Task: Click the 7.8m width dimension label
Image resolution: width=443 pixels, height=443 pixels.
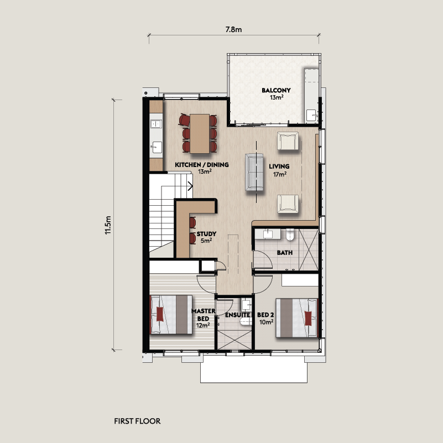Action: pyautogui.click(x=233, y=29)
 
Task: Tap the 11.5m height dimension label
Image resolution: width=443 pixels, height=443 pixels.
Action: pyautogui.click(x=108, y=225)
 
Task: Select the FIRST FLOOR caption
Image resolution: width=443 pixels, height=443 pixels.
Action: pyautogui.click(x=137, y=421)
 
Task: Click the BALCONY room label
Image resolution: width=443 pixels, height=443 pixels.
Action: pyautogui.click(x=276, y=90)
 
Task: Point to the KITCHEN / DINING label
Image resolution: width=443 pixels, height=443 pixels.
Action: pyautogui.click(x=202, y=164)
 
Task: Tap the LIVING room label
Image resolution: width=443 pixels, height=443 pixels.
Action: pyautogui.click(x=279, y=166)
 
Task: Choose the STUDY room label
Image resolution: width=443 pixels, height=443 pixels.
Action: pyautogui.click(x=206, y=233)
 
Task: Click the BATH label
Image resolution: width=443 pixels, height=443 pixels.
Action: pyautogui.click(x=285, y=253)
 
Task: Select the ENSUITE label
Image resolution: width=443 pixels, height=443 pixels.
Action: pyautogui.click(x=238, y=315)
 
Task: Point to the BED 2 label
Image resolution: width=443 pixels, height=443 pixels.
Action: pyautogui.click(x=265, y=315)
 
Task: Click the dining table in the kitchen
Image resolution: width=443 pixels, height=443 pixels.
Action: pyautogui.click(x=200, y=134)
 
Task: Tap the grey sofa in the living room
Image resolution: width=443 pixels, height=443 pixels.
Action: pyautogui.click(x=254, y=172)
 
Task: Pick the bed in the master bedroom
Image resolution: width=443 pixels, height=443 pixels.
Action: pyautogui.click(x=171, y=315)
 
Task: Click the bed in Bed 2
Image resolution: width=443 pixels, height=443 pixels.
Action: pyautogui.click(x=297, y=318)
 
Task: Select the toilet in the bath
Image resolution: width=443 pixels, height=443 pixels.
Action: pyautogui.click(x=290, y=234)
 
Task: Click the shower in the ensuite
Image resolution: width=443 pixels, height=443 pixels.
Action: pyautogui.click(x=234, y=340)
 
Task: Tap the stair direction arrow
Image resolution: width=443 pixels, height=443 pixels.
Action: pyautogui.click(x=190, y=186)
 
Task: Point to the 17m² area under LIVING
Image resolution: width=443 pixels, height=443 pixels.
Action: pyautogui.click(x=280, y=174)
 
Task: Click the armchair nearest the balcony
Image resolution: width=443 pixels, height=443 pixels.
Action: pyautogui.click(x=288, y=140)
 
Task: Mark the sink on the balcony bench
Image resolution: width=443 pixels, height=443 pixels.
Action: pyautogui.click(x=311, y=115)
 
